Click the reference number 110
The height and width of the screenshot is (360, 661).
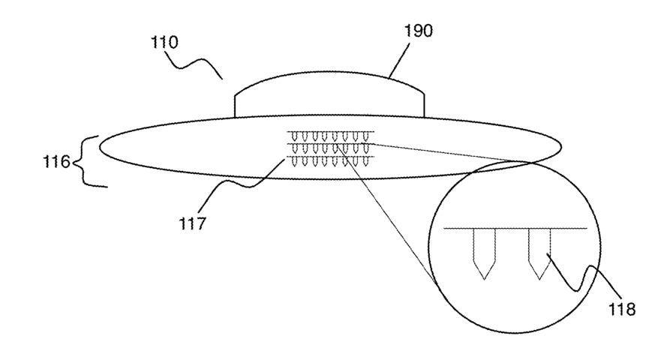coord(164,42)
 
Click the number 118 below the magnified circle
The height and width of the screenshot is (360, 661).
coord(620,308)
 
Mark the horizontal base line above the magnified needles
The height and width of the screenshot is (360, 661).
coord(513,228)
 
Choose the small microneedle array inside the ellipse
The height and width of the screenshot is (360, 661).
coord(330,148)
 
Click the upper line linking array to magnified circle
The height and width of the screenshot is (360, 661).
coord(443,153)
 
